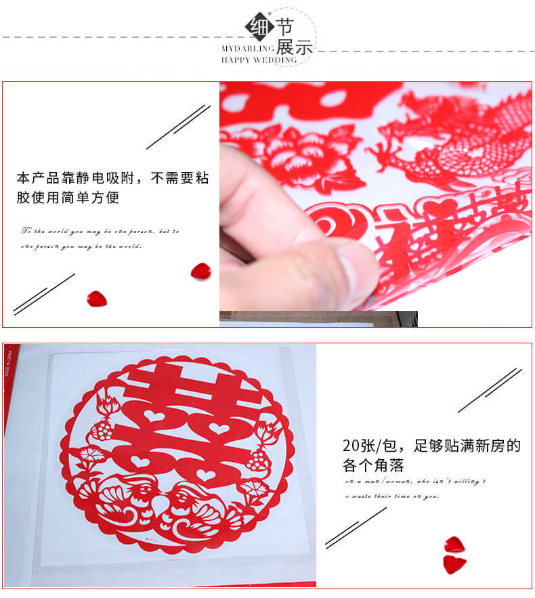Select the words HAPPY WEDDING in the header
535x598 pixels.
(x=259, y=60)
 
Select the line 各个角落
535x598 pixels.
(x=372, y=466)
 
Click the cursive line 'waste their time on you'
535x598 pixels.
(x=393, y=496)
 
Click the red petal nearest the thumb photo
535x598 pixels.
(x=200, y=271)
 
